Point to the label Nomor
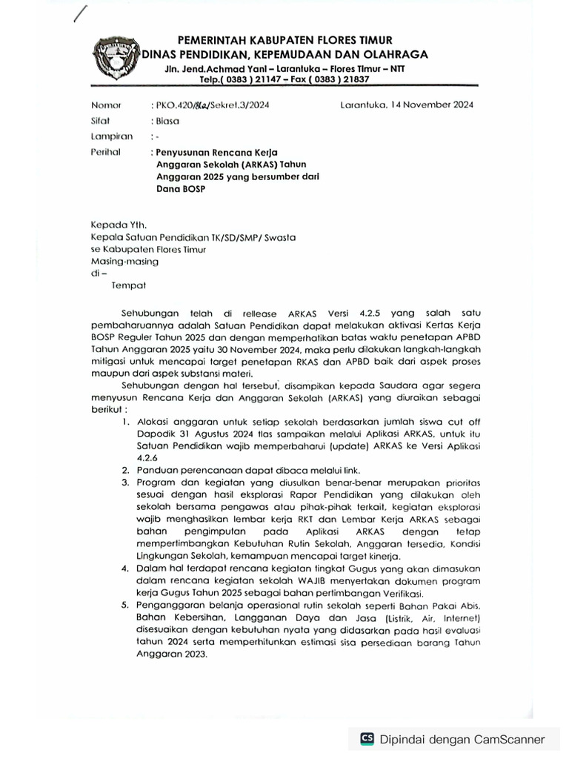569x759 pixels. click(105, 105)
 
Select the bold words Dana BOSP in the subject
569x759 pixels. click(180, 189)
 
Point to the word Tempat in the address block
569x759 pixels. click(129, 285)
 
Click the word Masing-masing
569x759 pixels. click(124, 261)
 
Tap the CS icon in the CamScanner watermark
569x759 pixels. click(367, 738)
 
